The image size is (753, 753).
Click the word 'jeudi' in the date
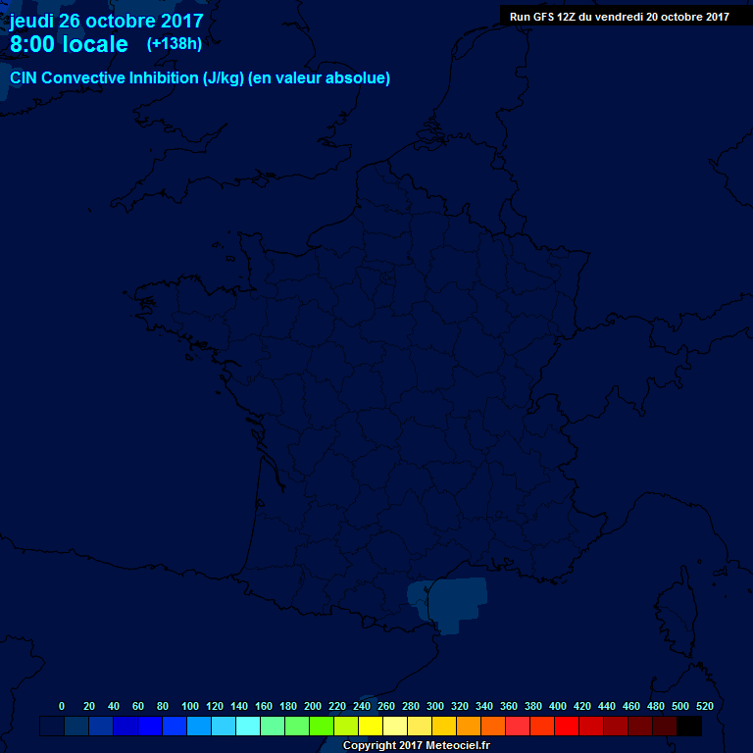click(x=31, y=21)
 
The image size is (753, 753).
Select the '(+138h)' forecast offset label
click(x=175, y=44)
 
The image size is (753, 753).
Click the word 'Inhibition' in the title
click(x=160, y=78)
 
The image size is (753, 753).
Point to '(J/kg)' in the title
click(x=223, y=78)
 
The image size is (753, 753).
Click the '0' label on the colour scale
click(x=62, y=706)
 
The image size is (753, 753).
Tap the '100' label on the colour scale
click(x=190, y=706)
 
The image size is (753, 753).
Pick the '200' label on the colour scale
click(x=313, y=706)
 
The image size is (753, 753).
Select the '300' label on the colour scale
click(x=435, y=706)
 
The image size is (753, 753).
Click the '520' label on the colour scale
click(x=704, y=706)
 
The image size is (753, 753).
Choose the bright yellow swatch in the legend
click(x=371, y=726)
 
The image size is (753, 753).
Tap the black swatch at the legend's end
click(x=689, y=726)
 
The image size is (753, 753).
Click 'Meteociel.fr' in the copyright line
click(x=457, y=746)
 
